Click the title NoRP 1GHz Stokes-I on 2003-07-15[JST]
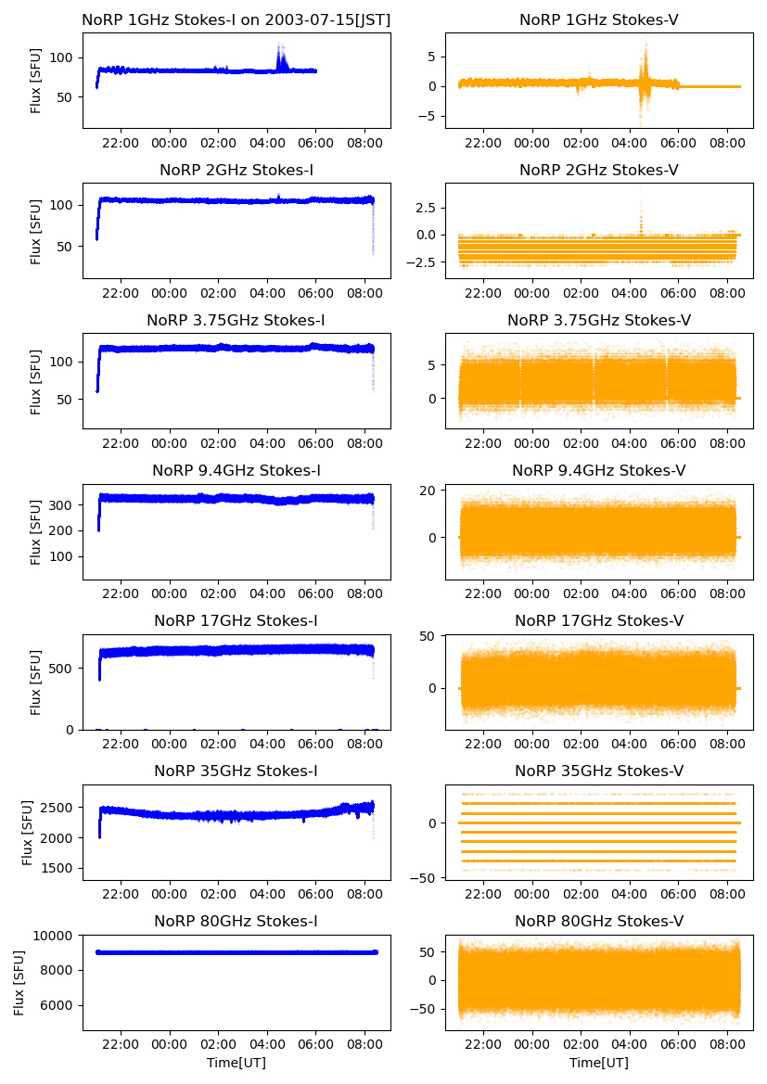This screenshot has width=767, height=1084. (x=236, y=19)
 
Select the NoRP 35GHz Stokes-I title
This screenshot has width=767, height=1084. (x=236, y=771)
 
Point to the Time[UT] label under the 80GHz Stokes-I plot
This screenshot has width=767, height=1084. (x=236, y=1063)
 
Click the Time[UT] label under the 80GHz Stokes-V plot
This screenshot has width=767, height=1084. (x=598, y=1063)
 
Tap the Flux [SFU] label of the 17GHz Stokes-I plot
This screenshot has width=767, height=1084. (x=36, y=682)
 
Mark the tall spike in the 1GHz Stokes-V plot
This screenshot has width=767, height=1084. (x=645, y=45)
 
